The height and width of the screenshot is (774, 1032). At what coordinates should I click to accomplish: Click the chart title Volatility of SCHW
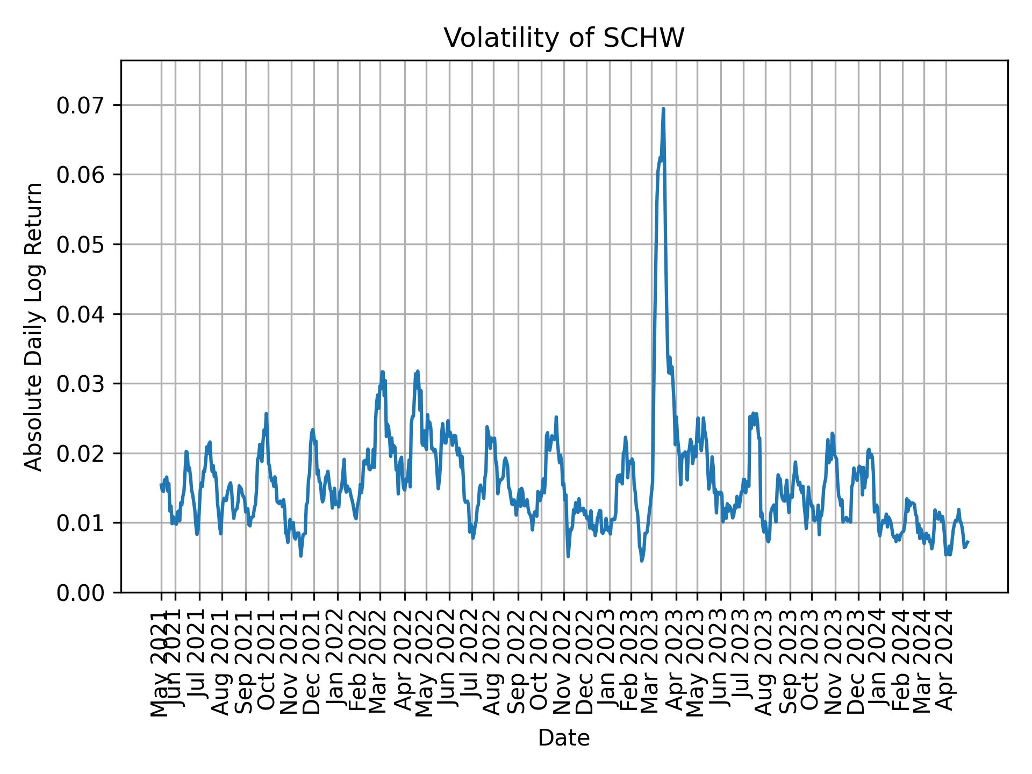(x=564, y=38)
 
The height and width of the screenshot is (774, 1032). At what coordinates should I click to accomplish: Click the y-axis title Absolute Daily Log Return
(x=34, y=327)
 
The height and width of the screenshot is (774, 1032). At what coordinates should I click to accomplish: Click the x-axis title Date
(x=564, y=738)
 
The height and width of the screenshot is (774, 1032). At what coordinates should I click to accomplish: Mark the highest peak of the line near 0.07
(x=663, y=109)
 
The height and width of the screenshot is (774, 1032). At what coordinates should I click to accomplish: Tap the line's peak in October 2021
(x=266, y=414)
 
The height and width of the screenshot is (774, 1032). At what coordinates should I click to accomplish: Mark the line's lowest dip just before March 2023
(x=642, y=561)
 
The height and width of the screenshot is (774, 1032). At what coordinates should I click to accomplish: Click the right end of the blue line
(x=967, y=542)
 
